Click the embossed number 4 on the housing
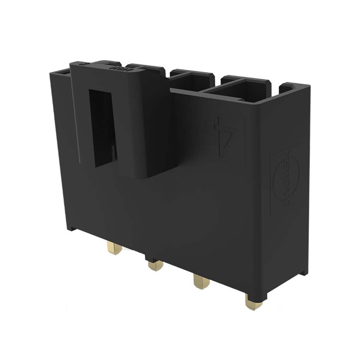pos(224,137)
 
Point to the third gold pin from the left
pos(199,283)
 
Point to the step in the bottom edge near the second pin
pos(148,258)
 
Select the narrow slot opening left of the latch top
pos(63,72)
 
